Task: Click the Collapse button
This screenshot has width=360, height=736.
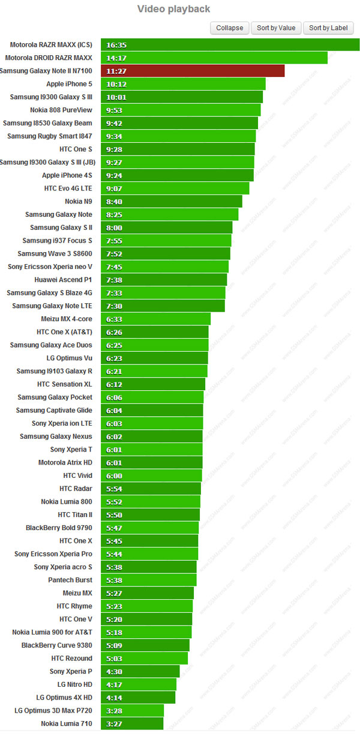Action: point(230,28)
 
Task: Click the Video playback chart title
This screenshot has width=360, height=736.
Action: point(174,9)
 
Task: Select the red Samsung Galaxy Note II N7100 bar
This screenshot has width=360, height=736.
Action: point(193,71)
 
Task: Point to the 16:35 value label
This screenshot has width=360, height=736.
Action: point(116,45)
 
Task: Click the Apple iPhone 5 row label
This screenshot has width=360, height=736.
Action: point(70,84)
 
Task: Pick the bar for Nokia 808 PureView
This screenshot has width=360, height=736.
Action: point(181,110)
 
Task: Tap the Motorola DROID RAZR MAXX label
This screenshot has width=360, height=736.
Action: point(49,58)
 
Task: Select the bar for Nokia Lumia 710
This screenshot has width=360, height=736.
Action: point(132,723)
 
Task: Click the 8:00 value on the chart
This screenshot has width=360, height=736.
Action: point(114,228)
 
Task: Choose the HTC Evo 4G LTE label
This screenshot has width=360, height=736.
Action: point(68,188)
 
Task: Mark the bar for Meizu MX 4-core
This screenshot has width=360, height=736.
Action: point(155,319)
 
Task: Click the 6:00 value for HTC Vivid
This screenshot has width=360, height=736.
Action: point(114,475)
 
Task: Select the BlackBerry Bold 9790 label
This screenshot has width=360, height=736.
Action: point(59,528)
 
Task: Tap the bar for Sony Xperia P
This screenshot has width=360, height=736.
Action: point(140,671)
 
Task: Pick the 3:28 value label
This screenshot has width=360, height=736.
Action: point(114,710)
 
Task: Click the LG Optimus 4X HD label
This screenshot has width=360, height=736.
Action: point(64,697)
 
